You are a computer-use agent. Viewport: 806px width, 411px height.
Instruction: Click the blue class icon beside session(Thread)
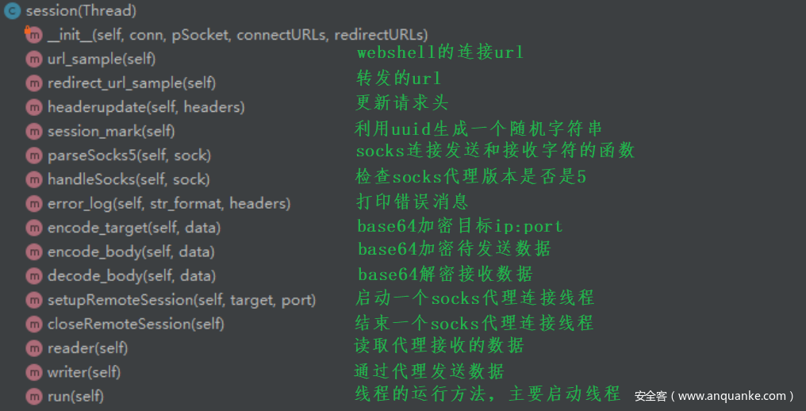pos(13,11)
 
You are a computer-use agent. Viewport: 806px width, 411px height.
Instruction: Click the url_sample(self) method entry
pos(102,59)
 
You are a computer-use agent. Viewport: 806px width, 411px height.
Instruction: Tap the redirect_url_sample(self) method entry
pos(132,83)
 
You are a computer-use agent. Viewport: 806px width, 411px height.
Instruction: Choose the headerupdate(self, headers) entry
pos(146,106)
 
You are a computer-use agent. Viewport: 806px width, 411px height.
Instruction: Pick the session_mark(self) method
pos(111,131)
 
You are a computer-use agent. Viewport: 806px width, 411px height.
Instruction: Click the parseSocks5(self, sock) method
pos(129,155)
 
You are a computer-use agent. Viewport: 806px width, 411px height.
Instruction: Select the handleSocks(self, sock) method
pos(129,179)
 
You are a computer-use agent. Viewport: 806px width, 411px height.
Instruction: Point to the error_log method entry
pos(169,203)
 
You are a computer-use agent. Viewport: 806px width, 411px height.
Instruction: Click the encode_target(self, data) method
pos(134,228)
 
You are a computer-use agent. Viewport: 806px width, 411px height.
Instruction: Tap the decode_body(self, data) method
pos(132,276)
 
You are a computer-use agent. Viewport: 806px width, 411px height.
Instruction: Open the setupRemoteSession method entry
pos(182,300)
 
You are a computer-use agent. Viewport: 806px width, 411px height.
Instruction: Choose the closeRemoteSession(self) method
pos(136,324)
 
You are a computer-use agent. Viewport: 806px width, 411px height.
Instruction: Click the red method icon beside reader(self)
pos(33,348)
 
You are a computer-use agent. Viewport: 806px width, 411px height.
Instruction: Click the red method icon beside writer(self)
pos(33,372)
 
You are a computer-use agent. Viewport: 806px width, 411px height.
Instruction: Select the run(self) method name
pos(75,396)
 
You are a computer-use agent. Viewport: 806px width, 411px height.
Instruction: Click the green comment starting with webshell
pos(439,53)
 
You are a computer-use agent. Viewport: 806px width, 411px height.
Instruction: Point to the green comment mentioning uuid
pos(478,128)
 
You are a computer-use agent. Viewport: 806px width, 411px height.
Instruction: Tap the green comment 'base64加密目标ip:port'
pos(459,225)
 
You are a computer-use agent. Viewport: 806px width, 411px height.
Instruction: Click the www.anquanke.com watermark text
pos(714,395)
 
